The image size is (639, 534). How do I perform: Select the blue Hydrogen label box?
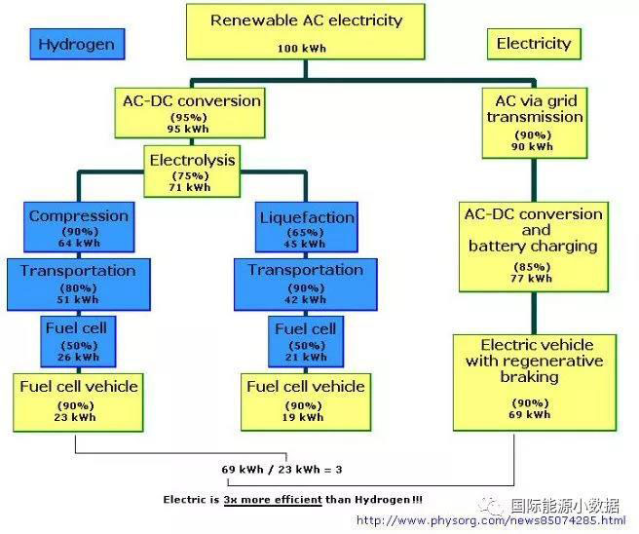[x=76, y=44]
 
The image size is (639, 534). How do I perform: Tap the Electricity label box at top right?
[x=533, y=44]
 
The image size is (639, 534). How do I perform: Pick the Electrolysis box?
[x=192, y=170]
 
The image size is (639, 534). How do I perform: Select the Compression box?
[x=78, y=227]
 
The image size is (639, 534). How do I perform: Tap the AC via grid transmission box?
[x=535, y=122]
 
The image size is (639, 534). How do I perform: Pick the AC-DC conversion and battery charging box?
[x=535, y=245]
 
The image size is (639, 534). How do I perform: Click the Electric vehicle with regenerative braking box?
[x=535, y=381]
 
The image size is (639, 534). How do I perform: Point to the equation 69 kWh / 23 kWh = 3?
[x=282, y=470]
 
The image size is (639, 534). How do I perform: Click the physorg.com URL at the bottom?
[x=491, y=521]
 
